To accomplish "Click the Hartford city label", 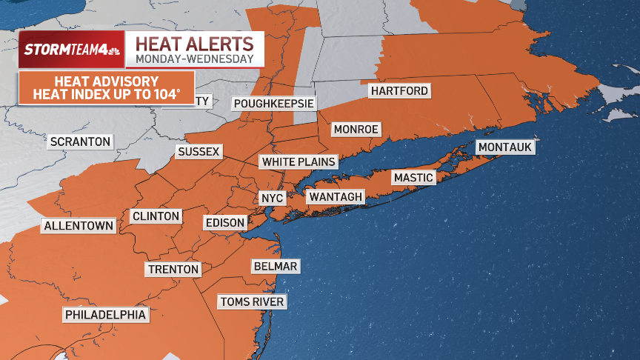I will coord(399,91).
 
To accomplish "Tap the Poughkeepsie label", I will coord(273,104).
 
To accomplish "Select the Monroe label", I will coord(356,130).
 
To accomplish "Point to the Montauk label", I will coord(505,147).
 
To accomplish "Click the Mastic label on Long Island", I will coord(413,178).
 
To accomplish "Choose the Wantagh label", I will coord(336,197).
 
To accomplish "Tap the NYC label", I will coord(268,199).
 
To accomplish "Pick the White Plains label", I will coord(299,161).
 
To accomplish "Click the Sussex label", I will coord(199,152).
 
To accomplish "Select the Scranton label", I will coord(80,141).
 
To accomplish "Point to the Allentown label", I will coord(79,226).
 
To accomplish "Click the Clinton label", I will coord(156,216).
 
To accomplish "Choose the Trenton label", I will coord(173,270).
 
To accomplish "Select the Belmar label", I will coord(275,267).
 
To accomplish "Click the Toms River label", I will coord(252,301).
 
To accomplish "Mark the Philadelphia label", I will coord(106,316).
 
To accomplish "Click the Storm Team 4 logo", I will coord(71,50).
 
